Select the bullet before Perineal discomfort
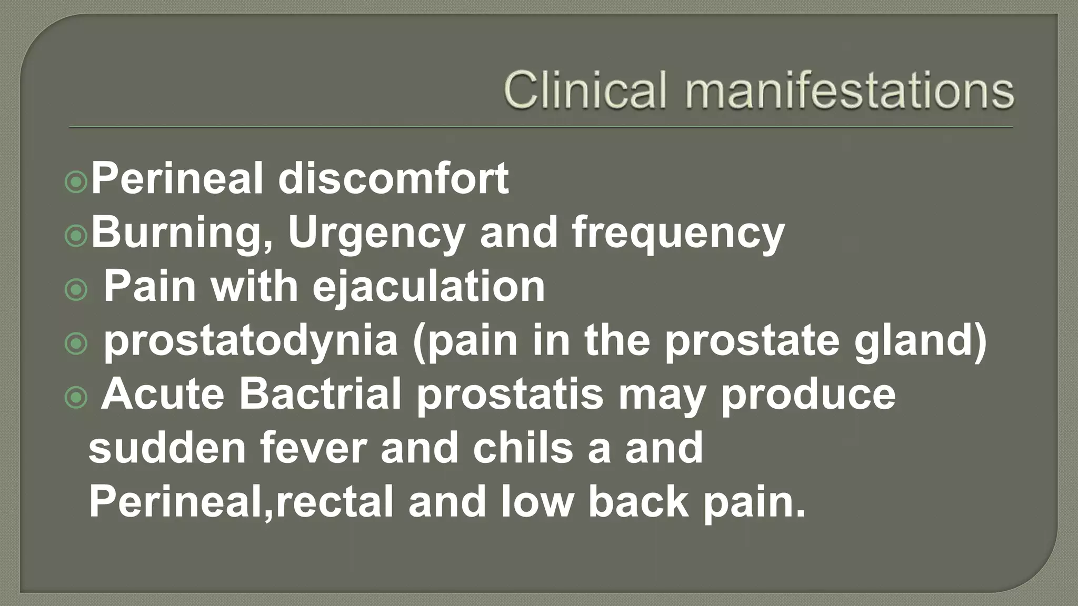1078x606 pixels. click(x=76, y=183)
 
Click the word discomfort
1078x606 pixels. click(x=393, y=178)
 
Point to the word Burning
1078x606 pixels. click(x=182, y=233)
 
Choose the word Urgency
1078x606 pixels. click(x=376, y=233)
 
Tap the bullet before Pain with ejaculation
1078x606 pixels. click(x=76, y=290)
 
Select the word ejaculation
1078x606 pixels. click(x=428, y=287)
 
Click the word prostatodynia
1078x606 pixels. click(x=251, y=341)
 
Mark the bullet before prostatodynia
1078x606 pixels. click(x=76, y=344)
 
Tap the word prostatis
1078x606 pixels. click(x=510, y=395)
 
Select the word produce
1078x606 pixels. click(x=807, y=395)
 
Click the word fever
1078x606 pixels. click(x=313, y=448)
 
